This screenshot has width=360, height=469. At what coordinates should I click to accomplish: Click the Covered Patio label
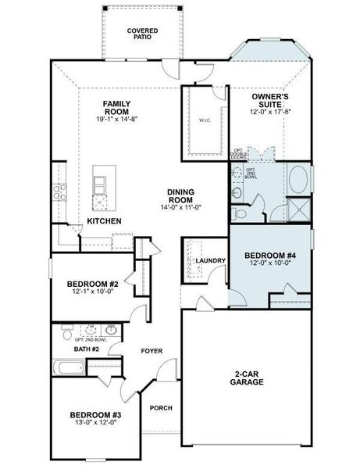point(143,34)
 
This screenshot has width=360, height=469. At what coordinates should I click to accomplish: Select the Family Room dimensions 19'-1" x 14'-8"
point(116,120)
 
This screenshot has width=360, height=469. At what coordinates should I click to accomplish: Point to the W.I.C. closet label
point(205,120)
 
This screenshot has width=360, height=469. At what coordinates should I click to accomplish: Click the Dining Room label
point(180,196)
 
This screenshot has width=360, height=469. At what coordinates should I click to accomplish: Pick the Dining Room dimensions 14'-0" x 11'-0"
point(180,208)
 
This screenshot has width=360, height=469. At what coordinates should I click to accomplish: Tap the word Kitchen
point(104,221)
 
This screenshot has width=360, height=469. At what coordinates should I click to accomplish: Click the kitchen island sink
point(101,184)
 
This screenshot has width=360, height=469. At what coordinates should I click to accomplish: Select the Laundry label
point(211,261)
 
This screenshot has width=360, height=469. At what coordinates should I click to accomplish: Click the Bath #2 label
point(86,349)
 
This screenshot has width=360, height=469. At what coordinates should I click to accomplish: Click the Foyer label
point(151,351)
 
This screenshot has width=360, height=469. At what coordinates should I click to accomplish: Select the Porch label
point(161,407)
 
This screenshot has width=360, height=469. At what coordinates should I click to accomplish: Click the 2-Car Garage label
point(246,378)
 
